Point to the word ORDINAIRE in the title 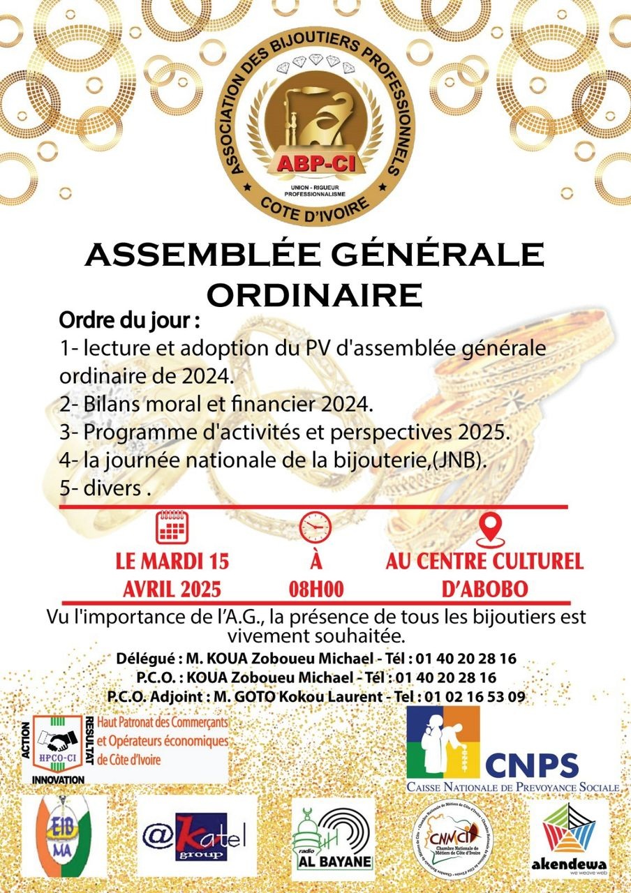(x=315, y=295)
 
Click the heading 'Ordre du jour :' (x=130, y=324)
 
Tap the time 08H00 (x=316, y=589)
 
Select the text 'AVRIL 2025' (x=172, y=589)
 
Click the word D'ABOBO (x=484, y=589)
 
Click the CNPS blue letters (x=532, y=765)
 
